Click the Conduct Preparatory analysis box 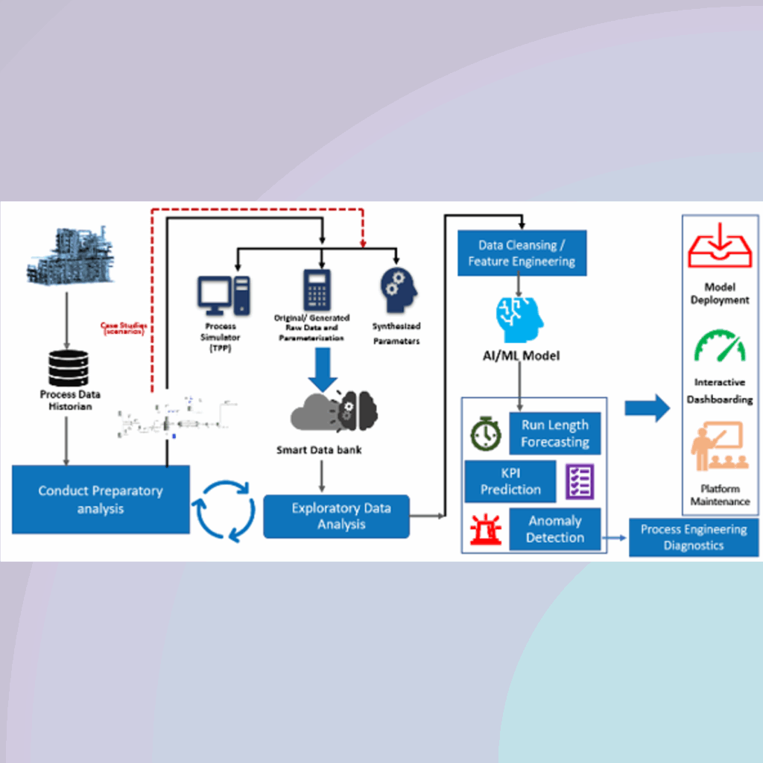[x=101, y=499]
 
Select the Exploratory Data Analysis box [x=337, y=516]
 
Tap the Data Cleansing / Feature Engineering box [x=522, y=253]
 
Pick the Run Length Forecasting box [x=555, y=434]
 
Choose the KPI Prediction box [x=510, y=481]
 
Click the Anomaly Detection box [x=555, y=529]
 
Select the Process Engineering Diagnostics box [x=694, y=537]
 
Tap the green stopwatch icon [x=486, y=436]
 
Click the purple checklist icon [x=579, y=481]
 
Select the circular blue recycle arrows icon [x=225, y=510]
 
